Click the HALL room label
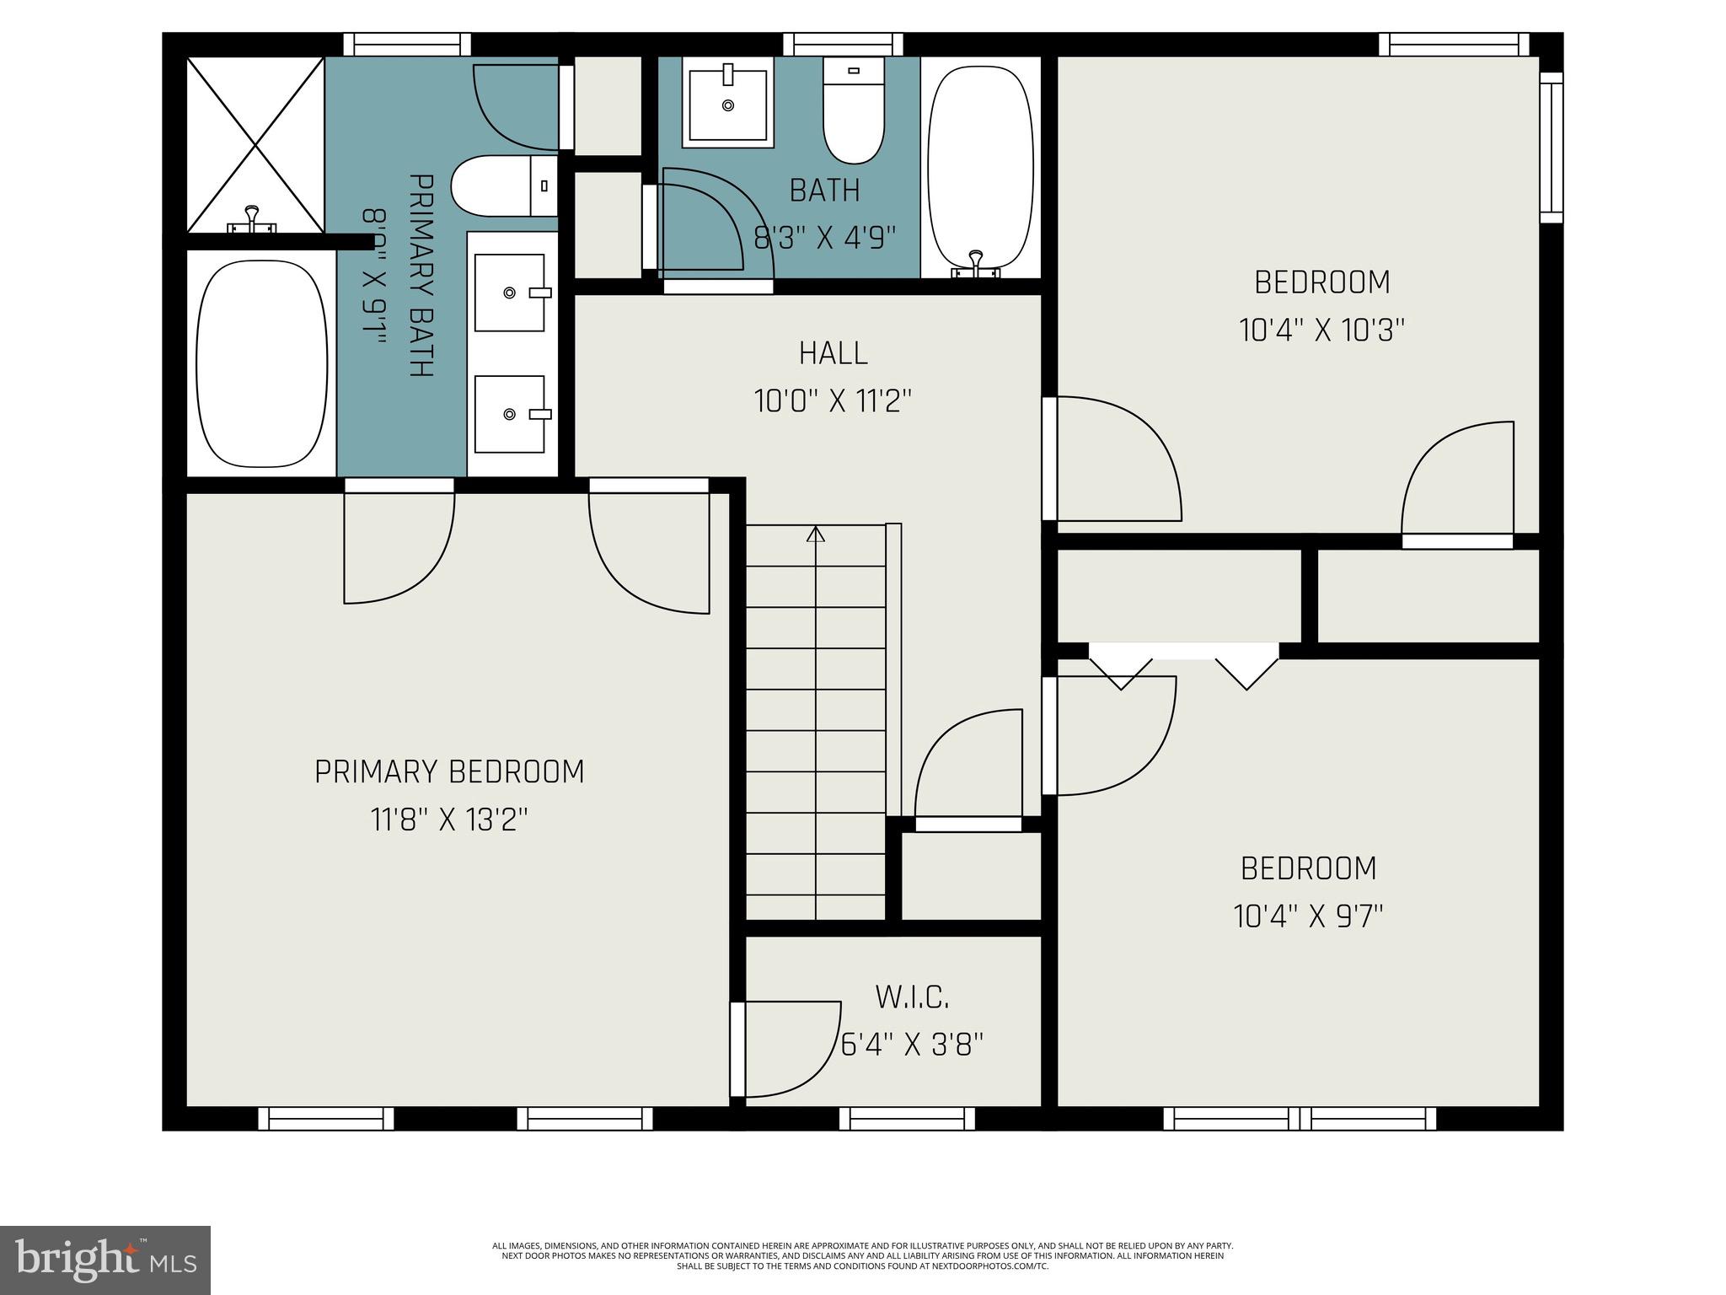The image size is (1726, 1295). point(833,352)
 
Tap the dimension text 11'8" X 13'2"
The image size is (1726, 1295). point(448,819)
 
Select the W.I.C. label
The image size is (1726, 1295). point(912,997)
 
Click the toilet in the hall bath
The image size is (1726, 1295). point(853,110)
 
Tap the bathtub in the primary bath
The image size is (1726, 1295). point(261,363)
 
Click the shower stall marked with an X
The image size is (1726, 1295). point(255,144)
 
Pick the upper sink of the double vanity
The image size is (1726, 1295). point(510,293)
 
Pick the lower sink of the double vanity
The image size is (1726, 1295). point(510,414)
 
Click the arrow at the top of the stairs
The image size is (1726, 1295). point(815,534)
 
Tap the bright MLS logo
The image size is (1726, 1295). point(105,1260)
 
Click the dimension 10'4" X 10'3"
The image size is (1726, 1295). point(1321,330)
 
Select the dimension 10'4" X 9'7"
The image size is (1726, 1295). point(1308,916)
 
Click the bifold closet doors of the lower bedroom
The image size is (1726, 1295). point(1183,665)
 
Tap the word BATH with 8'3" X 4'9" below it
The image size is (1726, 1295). point(824,191)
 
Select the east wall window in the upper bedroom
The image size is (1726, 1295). point(1551,148)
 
